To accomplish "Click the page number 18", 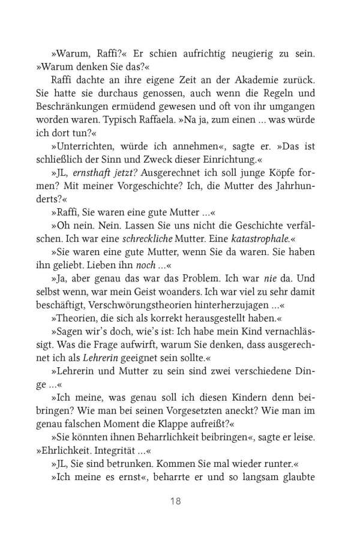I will (180, 500).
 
